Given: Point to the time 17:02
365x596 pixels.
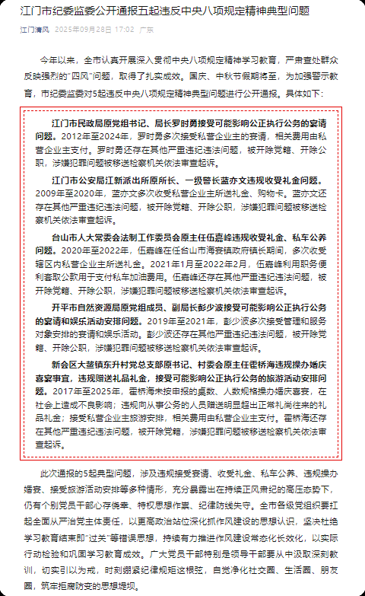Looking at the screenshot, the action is coord(123,29).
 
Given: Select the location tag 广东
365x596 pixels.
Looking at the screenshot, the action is coord(147,29).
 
